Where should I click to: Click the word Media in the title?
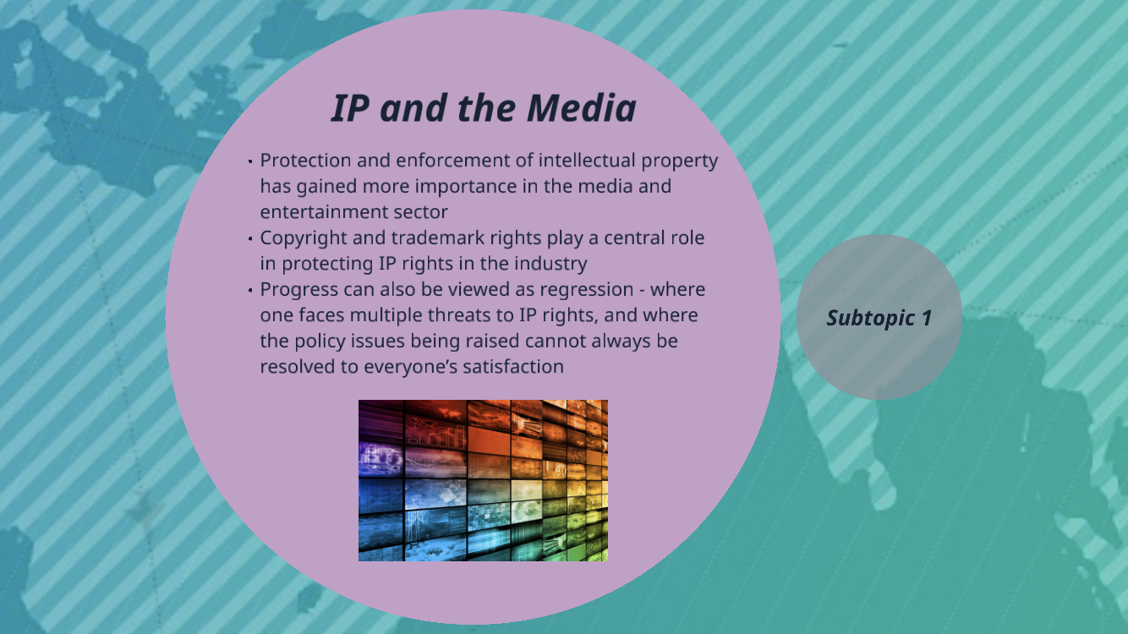click(x=582, y=107)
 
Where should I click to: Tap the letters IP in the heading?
click(x=350, y=107)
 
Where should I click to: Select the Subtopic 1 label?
click(x=879, y=318)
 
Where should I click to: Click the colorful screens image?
click(x=483, y=480)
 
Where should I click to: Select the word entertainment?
click(x=324, y=212)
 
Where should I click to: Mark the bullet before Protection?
click(x=250, y=161)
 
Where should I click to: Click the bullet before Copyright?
click(x=250, y=238)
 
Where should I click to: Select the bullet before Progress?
click(x=250, y=291)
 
